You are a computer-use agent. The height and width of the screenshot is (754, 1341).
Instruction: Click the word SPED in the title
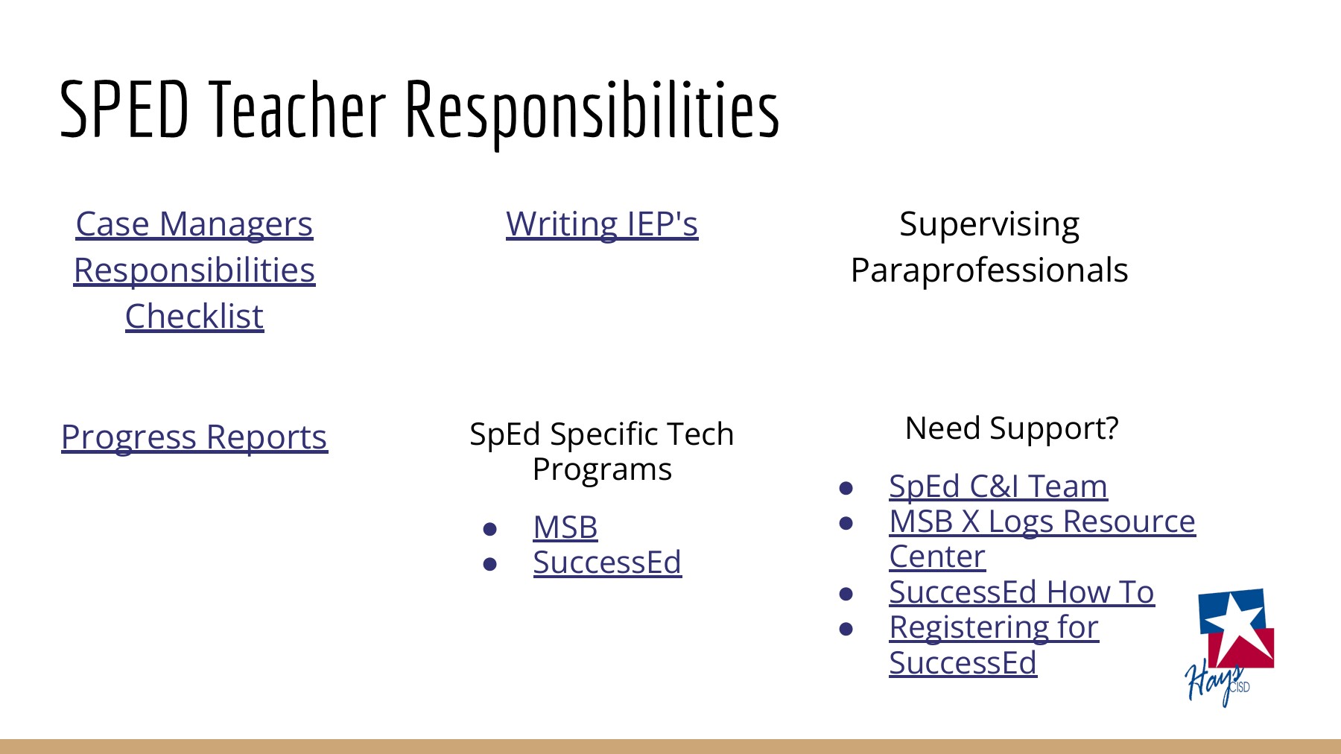tap(124, 110)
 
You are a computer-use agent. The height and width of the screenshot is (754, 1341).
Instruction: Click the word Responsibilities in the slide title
tap(592, 112)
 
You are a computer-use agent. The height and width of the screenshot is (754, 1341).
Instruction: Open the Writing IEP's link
tap(602, 224)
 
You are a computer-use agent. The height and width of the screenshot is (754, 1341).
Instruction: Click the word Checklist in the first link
tap(194, 316)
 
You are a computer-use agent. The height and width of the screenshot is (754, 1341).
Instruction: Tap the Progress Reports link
tap(194, 437)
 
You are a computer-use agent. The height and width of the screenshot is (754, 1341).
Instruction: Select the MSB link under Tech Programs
tap(565, 528)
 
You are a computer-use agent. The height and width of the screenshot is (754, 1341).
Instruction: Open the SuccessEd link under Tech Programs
tap(607, 563)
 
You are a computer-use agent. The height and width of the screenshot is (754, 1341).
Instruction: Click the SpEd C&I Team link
tap(998, 487)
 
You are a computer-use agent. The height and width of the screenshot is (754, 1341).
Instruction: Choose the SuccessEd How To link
tap(1021, 592)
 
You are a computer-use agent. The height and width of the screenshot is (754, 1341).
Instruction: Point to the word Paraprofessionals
tap(989, 270)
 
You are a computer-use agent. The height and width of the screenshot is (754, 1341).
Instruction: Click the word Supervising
tap(989, 224)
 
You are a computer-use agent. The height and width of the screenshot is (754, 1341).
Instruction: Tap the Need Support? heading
tap(1012, 428)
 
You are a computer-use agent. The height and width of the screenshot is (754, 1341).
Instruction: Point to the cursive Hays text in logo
tap(1211, 681)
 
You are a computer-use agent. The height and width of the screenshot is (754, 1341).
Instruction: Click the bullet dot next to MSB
tap(489, 529)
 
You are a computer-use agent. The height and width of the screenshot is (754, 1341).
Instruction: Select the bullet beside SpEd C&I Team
tap(846, 488)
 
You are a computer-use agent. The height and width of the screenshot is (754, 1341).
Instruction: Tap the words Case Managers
tap(194, 224)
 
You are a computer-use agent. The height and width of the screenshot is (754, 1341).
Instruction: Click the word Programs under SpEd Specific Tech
tap(602, 469)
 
